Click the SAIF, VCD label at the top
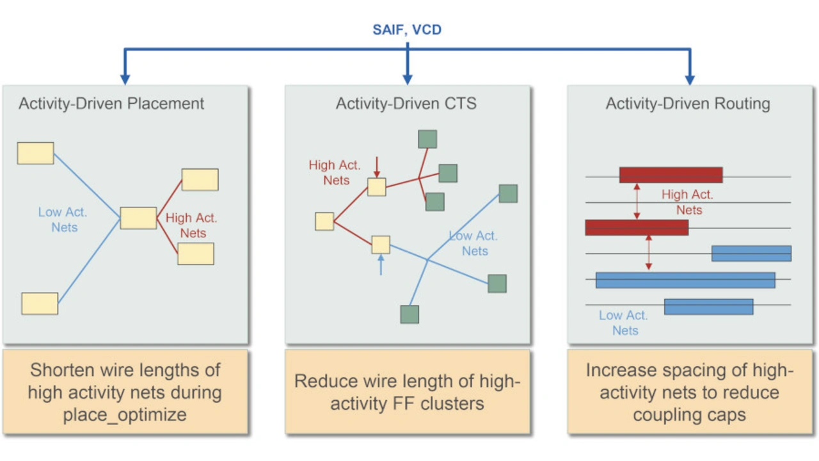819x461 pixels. click(x=407, y=29)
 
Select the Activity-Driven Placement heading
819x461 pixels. click(x=111, y=104)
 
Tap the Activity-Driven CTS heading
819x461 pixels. click(x=406, y=104)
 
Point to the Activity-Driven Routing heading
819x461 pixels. click(x=688, y=104)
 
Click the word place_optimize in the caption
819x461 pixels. click(x=125, y=414)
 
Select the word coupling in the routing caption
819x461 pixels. click(x=667, y=414)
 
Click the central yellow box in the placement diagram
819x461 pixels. click(x=138, y=218)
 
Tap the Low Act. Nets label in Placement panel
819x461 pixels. click(x=63, y=220)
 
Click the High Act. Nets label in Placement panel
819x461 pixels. click(x=191, y=225)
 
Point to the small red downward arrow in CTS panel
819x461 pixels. click(x=377, y=168)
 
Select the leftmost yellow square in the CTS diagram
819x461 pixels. click(x=324, y=222)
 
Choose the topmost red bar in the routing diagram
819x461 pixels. click(x=671, y=175)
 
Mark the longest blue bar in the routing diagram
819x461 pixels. click(x=685, y=280)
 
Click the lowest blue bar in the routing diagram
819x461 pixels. click(x=708, y=307)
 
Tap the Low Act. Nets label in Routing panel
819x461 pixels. click(x=624, y=323)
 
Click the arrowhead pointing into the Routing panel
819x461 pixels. click(x=690, y=79)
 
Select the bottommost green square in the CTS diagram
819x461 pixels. click(x=409, y=314)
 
